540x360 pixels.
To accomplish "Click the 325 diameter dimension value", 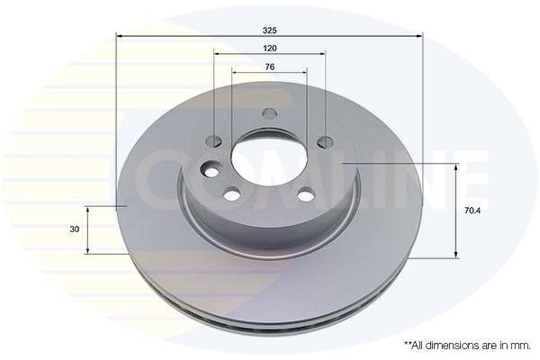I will [x=270, y=29].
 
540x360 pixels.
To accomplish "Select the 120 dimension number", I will [x=269, y=47].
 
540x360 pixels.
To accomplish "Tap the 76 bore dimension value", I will [x=269, y=67].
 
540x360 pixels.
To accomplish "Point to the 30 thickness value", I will [x=75, y=229].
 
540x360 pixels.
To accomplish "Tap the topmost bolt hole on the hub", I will [x=269, y=114].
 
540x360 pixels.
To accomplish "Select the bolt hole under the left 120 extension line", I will [x=215, y=140].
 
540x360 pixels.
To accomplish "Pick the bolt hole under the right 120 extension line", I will [x=323, y=140].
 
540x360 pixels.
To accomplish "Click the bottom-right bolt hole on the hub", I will [x=305, y=193].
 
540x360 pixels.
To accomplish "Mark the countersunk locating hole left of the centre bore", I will [x=212, y=171].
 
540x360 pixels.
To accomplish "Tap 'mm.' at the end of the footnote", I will [x=519, y=345].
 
